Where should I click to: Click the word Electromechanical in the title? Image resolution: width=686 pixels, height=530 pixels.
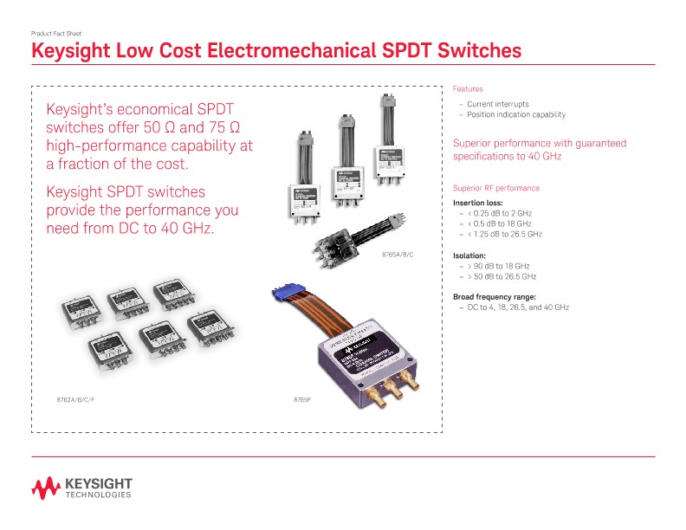click(x=274, y=51)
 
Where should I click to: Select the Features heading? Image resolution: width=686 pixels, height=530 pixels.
click(x=468, y=89)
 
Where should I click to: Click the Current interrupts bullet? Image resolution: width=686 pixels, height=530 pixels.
click(x=497, y=104)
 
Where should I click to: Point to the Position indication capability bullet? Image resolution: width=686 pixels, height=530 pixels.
click(x=516, y=114)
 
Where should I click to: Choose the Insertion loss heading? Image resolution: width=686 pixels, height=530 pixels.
click(x=478, y=203)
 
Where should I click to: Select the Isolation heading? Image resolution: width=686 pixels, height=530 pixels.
click(x=471, y=255)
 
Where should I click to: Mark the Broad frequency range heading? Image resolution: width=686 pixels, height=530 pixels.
click(x=495, y=297)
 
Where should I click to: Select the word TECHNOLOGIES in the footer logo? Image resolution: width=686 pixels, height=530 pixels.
click(x=98, y=495)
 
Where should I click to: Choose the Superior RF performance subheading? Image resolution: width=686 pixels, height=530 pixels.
click(x=496, y=188)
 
